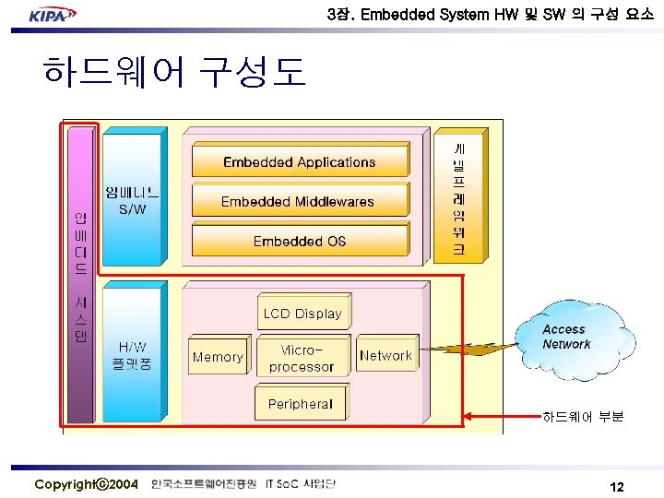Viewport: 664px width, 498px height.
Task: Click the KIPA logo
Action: pyautogui.click(x=52, y=15)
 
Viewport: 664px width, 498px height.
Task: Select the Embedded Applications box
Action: pyautogui.click(x=299, y=162)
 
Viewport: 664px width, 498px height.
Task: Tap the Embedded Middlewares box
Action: pyautogui.click(x=298, y=201)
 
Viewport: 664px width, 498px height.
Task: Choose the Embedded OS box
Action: pyautogui.click(x=299, y=241)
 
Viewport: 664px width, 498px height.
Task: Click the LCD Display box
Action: pyautogui.click(x=302, y=314)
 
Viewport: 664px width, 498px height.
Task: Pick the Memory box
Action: pyautogui.click(x=218, y=357)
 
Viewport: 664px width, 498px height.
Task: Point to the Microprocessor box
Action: pyautogui.click(x=302, y=358)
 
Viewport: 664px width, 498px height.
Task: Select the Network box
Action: pyautogui.click(x=385, y=356)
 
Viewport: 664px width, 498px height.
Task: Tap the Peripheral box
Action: pyautogui.click(x=301, y=404)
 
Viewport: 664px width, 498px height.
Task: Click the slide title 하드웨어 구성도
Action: pyautogui.click(x=173, y=72)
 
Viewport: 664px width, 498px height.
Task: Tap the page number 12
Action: pyautogui.click(x=617, y=486)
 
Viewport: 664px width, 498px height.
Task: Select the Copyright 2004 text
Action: pyautogui.click(x=87, y=484)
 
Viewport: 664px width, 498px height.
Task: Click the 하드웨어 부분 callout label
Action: pyautogui.click(x=583, y=417)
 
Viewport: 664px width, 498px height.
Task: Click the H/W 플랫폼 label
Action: pyautogui.click(x=133, y=355)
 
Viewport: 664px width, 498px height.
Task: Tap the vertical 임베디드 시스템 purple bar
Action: pyautogui.click(x=81, y=277)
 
